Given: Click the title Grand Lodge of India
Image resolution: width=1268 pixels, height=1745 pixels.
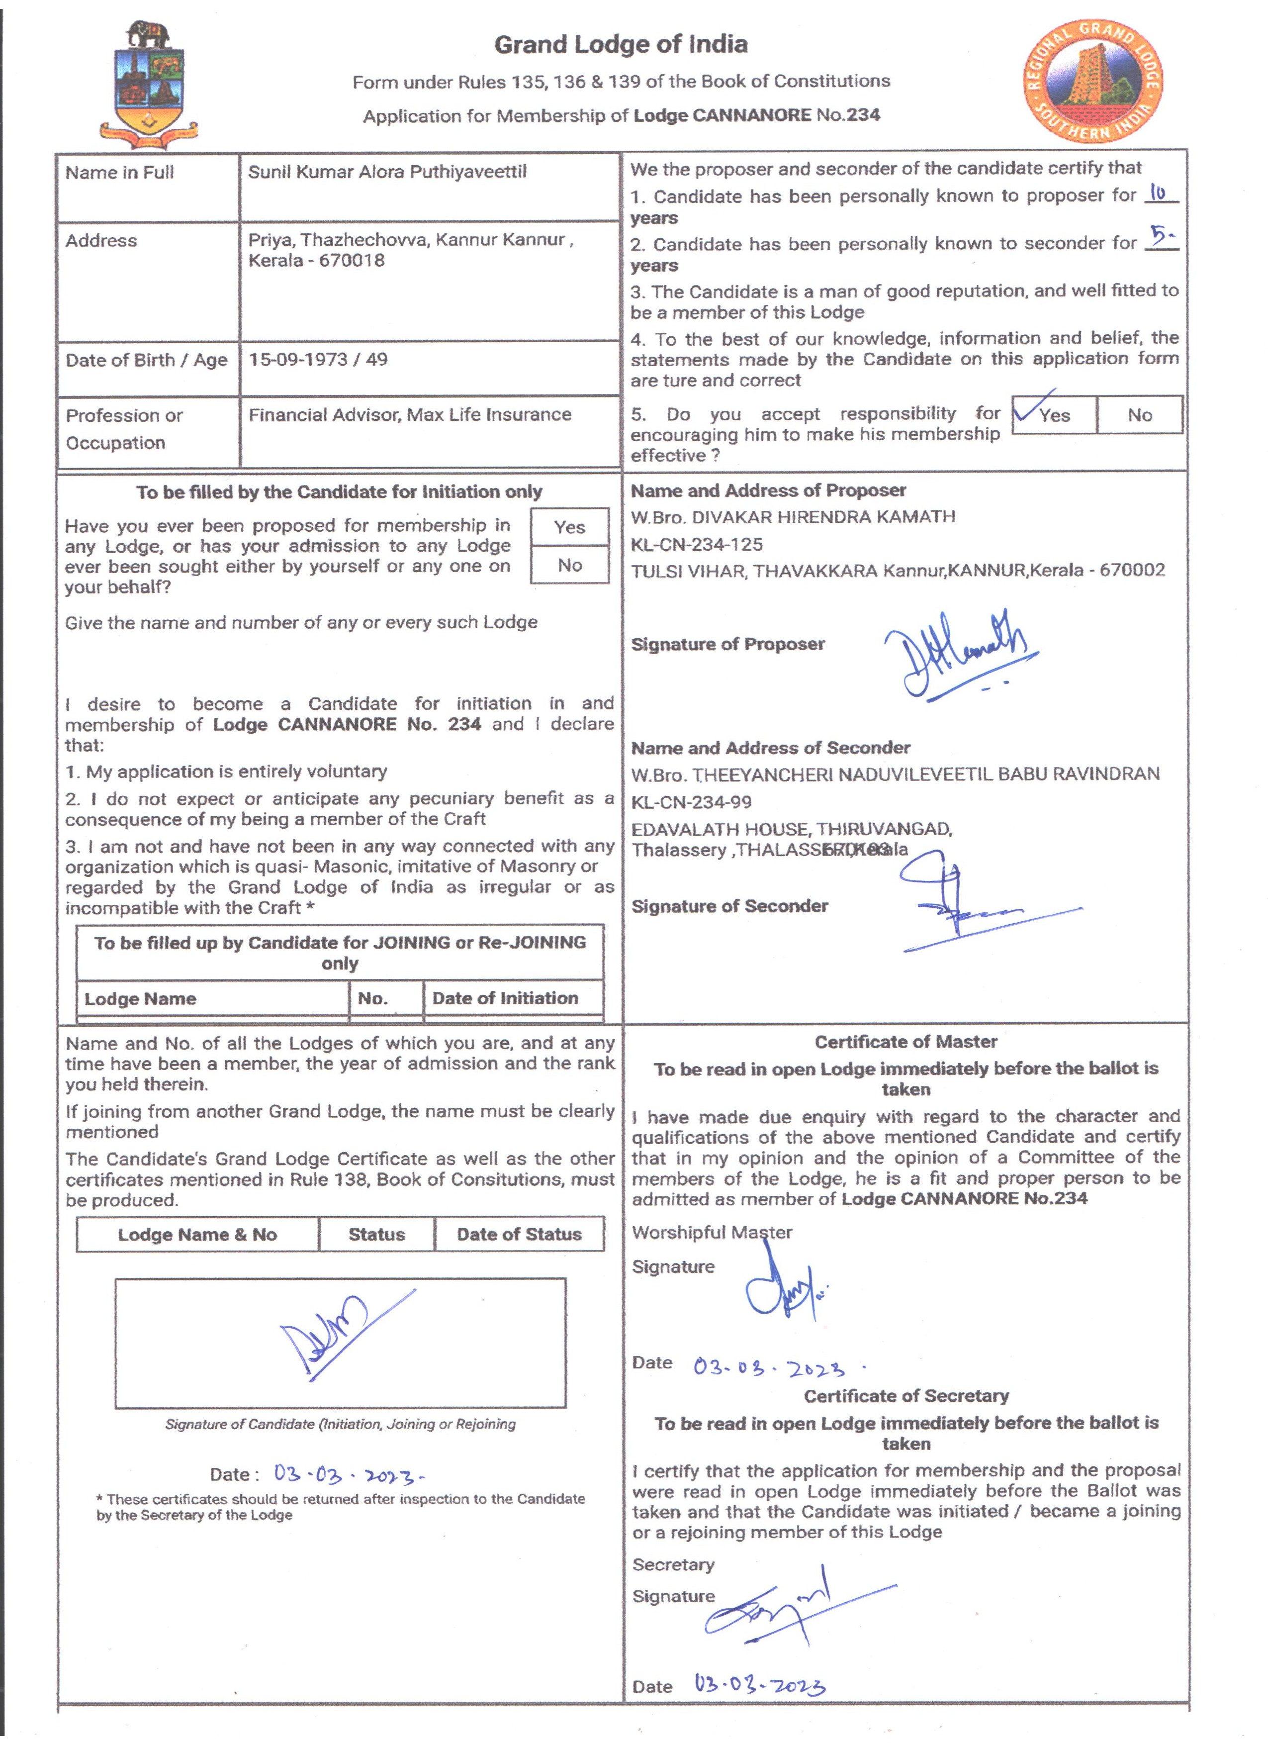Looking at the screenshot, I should coord(621,45).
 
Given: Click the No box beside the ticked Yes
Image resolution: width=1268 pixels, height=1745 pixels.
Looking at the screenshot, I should coord(1139,415).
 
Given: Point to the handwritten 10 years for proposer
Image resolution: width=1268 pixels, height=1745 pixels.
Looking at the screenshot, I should coord(1158,193).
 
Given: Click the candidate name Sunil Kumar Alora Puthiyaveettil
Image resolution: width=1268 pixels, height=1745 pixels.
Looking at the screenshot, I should coord(387,172).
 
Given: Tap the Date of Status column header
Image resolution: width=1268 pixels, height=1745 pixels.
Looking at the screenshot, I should coord(519,1234).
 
